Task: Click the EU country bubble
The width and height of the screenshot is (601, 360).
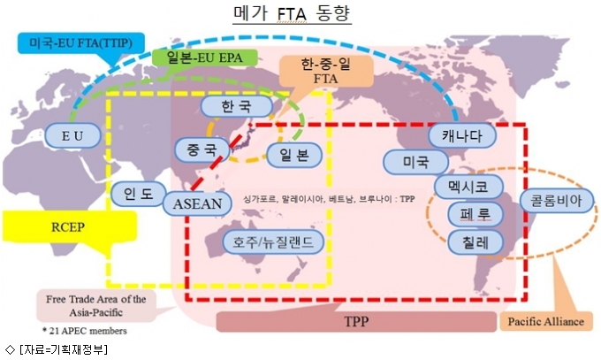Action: click(72, 135)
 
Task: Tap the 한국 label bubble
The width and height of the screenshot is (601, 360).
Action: click(237, 106)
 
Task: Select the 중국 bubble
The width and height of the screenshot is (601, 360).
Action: click(202, 149)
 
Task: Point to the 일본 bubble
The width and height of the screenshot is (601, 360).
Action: click(294, 155)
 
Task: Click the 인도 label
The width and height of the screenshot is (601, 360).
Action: click(139, 194)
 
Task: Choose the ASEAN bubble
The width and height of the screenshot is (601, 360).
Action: click(197, 203)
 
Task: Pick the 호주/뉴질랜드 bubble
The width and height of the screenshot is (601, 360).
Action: click(273, 242)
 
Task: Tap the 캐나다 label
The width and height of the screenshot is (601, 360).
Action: click(462, 135)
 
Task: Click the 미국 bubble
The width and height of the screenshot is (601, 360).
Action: click(416, 162)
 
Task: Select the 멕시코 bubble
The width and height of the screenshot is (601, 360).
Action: click(468, 187)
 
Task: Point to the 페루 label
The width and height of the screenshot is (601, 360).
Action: click(475, 214)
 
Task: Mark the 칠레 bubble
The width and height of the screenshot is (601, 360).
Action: click(475, 242)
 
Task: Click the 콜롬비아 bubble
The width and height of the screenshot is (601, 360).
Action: click(556, 201)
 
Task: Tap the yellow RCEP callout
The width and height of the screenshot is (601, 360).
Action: click(69, 226)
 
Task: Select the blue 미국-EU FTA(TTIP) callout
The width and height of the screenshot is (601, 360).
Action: click(81, 43)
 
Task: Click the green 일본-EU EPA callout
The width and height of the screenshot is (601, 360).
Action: click(205, 57)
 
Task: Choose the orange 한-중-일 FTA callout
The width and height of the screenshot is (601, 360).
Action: click(326, 71)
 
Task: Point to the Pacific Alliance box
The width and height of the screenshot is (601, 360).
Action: click(546, 322)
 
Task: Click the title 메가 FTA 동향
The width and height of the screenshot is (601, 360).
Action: click(292, 14)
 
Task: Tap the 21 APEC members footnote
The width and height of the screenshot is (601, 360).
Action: click(85, 331)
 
